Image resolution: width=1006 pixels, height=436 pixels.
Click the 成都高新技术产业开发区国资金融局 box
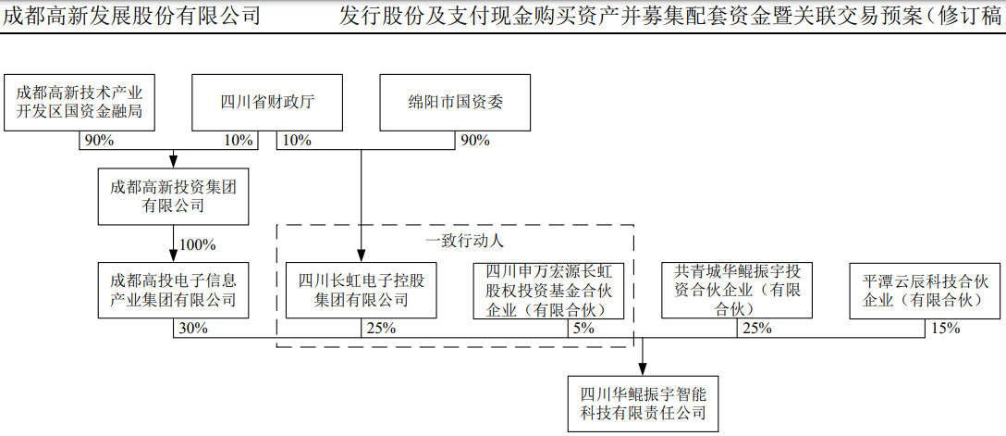tap(80, 103)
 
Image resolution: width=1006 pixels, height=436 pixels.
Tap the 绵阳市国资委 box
tap(456, 103)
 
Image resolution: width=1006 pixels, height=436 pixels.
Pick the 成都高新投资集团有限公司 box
tap(173, 196)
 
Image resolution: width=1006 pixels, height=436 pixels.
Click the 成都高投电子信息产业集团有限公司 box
tap(173, 290)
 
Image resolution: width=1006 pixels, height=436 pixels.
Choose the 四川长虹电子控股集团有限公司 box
tap(361, 290)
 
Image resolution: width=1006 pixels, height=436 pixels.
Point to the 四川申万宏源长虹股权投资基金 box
tap(548, 290)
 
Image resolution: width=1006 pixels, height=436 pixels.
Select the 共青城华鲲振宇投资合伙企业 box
tap(737, 290)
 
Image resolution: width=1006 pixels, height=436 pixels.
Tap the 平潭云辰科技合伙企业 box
tap(925, 290)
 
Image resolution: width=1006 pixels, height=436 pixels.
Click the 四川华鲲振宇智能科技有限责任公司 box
tap(643, 402)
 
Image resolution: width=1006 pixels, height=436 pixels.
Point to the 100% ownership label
tap(196, 245)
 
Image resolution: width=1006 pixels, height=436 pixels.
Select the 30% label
tap(190, 328)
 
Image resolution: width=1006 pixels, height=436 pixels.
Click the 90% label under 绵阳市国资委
tap(473, 141)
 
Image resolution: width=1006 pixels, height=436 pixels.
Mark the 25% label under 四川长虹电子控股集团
tap(380, 328)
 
